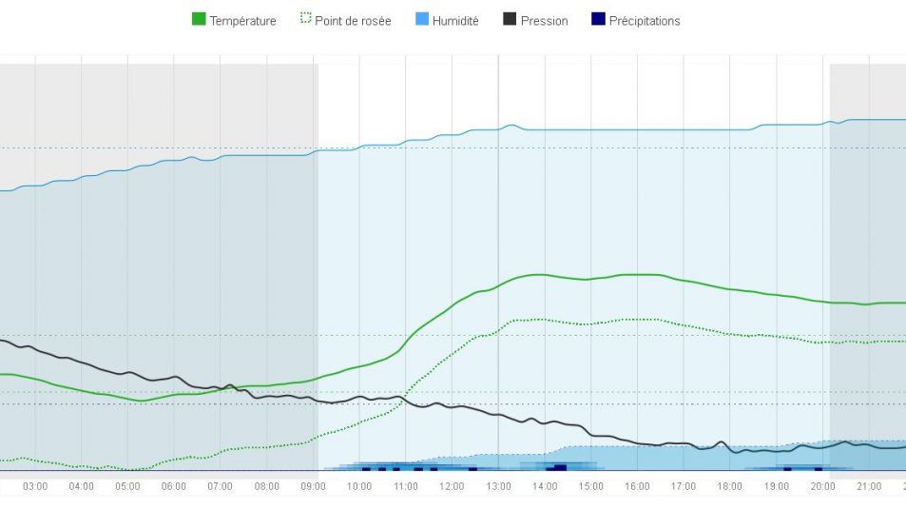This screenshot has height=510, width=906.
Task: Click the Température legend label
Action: [242, 21]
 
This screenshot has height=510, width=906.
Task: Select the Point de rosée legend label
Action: [352, 21]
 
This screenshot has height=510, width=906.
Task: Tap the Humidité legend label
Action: [455, 21]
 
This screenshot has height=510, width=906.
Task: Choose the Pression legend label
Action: [544, 21]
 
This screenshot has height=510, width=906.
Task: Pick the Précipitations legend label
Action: [645, 21]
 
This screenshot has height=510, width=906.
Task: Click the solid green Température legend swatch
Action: [199, 20]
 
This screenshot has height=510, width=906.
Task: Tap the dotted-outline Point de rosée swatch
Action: [304, 20]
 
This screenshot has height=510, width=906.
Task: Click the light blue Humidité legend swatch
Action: [421, 20]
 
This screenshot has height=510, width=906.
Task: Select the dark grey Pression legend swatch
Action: [510, 20]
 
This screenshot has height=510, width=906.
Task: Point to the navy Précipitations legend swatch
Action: [598, 20]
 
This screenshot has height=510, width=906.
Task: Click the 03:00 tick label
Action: [35, 487]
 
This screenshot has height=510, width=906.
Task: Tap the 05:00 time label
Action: [127, 487]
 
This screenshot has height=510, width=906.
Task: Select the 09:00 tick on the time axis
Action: [314, 487]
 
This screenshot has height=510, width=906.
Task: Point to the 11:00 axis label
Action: [406, 487]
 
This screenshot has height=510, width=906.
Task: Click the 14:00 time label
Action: [545, 487]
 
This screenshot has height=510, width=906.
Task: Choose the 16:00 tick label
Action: [637, 487]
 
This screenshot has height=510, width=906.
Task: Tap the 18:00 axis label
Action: [730, 487]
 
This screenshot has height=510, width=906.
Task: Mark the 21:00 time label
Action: [869, 487]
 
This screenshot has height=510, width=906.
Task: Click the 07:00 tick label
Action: [221, 487]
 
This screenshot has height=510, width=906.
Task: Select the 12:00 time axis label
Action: [453, 487]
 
